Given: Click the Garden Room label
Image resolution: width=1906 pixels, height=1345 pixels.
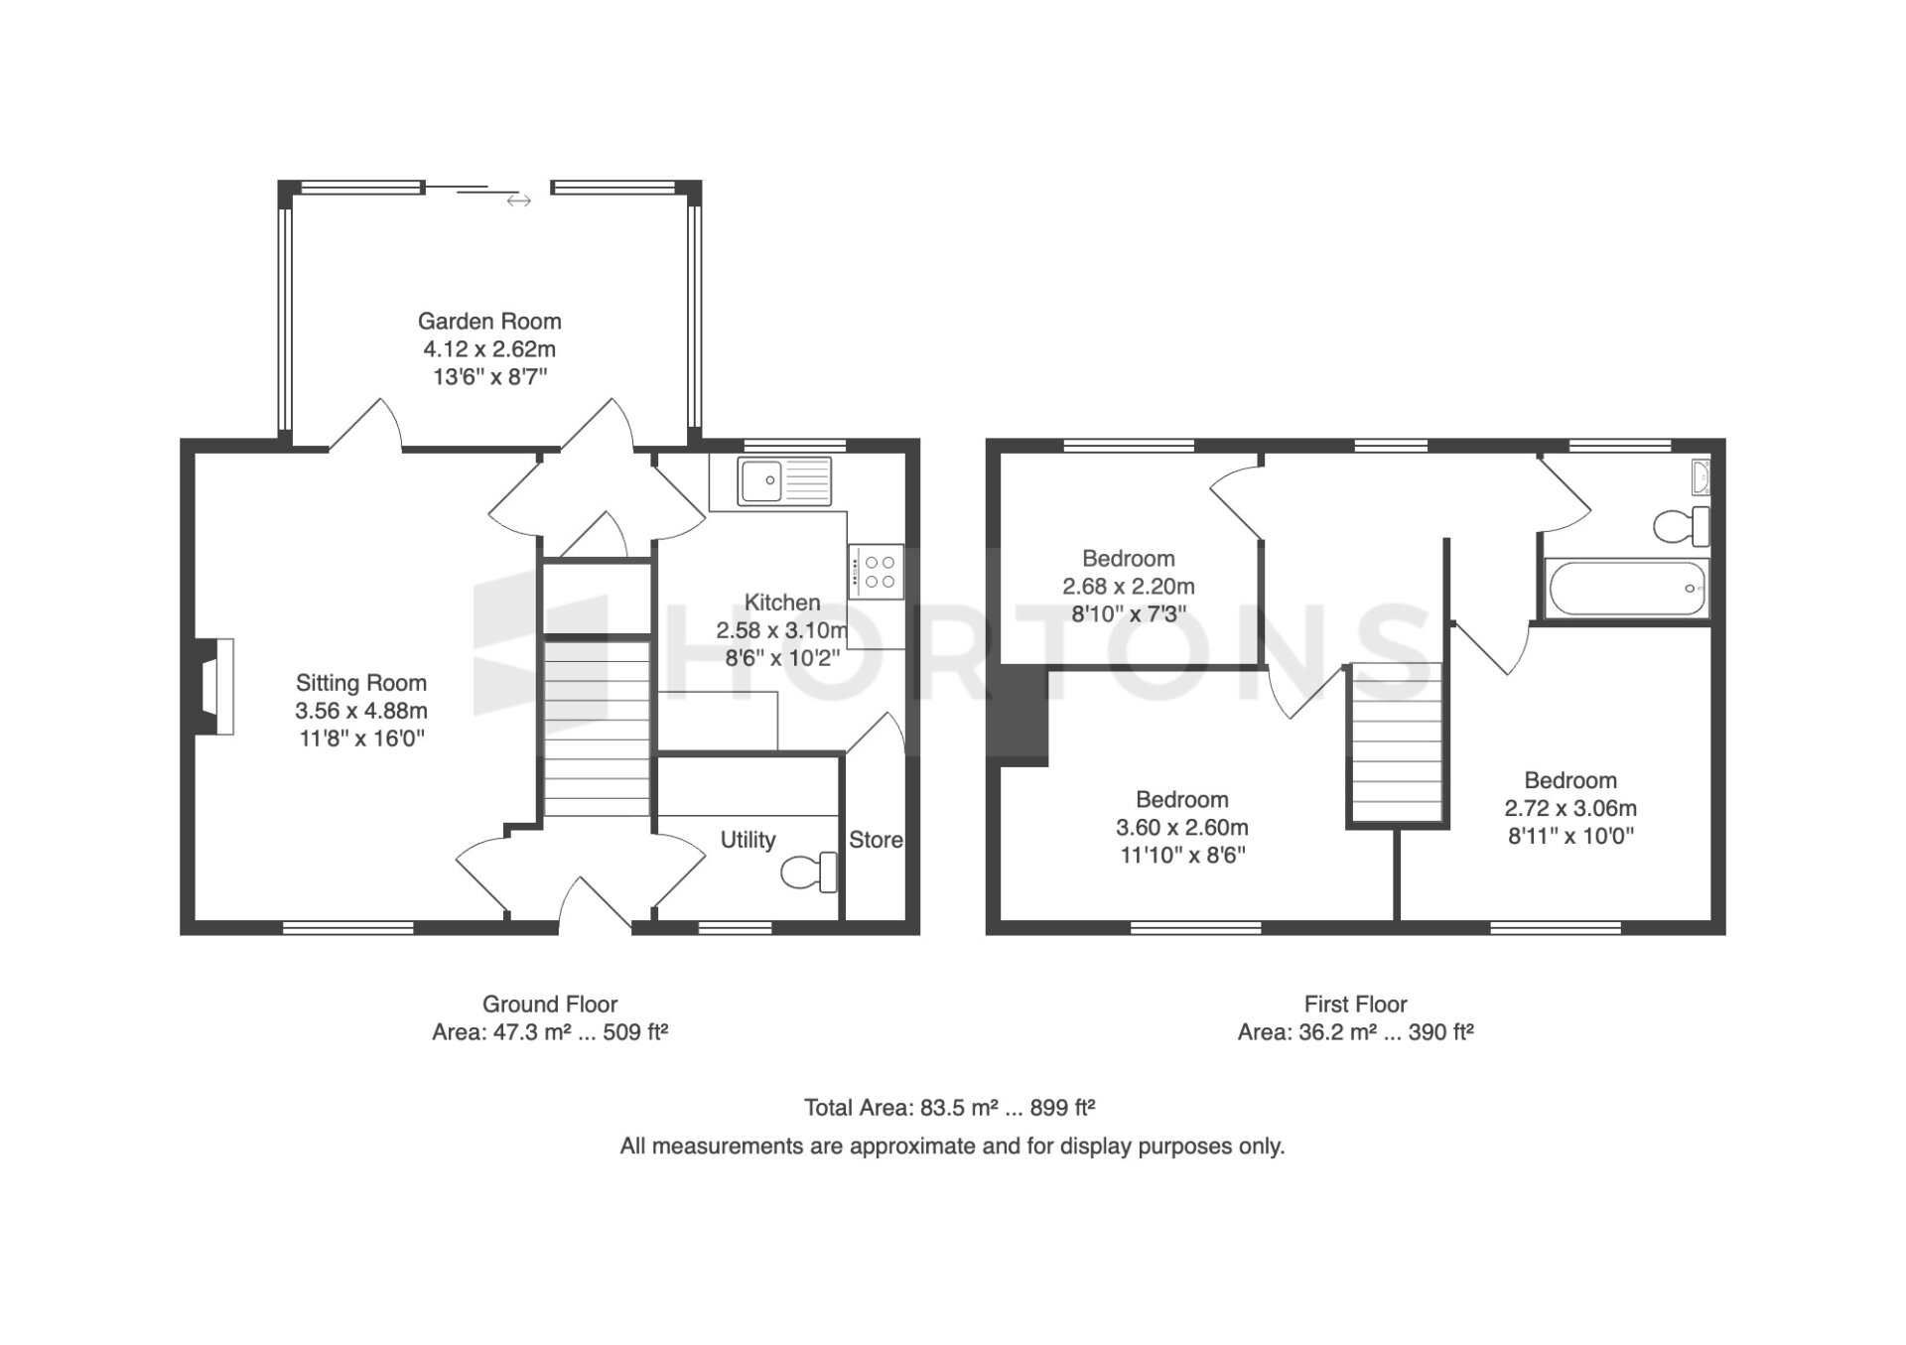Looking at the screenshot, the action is coord(489,322).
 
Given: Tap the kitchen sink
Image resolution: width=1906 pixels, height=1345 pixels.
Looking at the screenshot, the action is coord(784,480).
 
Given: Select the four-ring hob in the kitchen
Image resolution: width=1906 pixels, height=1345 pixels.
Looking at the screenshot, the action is coord(876,572).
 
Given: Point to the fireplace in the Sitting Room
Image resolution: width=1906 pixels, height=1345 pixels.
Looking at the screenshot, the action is coord(214,686).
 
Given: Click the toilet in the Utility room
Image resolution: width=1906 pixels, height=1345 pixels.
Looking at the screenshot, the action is coord(810,873).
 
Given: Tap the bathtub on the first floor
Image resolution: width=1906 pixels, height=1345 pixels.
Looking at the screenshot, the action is coord(1625,589).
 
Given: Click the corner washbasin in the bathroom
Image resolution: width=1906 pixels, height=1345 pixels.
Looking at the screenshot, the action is coord(1699,477).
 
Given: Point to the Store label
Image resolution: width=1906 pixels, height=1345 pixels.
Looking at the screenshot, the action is coord(876,840).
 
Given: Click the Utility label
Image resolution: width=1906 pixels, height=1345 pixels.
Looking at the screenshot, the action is coord(748,840).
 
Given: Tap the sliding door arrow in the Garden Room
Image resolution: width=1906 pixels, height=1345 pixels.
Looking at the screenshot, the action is coord(518,201).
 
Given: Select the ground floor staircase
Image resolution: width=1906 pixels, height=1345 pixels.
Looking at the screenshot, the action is coord(597,729).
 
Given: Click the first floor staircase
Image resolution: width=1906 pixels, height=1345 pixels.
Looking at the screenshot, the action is coord(1395,742).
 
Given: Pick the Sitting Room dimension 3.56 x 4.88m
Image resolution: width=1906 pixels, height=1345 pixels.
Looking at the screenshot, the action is coord(361,711).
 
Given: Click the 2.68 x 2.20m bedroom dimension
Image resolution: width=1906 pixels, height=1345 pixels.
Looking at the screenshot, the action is coord(1129,587).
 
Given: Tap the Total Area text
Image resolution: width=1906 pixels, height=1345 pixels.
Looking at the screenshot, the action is coord(949,1108).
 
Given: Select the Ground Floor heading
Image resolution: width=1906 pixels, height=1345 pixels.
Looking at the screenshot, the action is coord(550,1005).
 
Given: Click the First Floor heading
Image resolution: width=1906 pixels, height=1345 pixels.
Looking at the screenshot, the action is coord(1355,1005).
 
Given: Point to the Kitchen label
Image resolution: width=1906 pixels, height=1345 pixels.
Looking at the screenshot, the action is coord(782,603).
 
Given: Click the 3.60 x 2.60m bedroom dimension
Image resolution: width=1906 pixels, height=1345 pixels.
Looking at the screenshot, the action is coord(1182,828).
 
